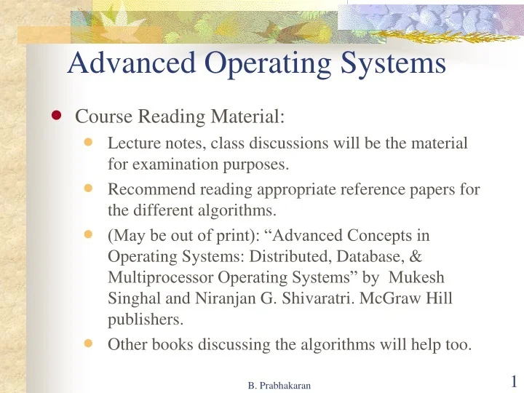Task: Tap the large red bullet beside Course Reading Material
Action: pyautogui.click(x=57, y=115)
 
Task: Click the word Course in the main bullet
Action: pyautogui.click(x=100, y=116)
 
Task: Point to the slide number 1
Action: pyautogui.click(x=514, y=381)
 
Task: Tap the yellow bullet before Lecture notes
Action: pyautogui.click(x=90, y=143)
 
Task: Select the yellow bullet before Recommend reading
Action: pyautogui.click(x=90, y=188)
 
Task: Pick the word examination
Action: pyautogui.click(x=174, y=164)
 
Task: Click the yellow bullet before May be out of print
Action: pyautogui.click(x=90, y=235)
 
